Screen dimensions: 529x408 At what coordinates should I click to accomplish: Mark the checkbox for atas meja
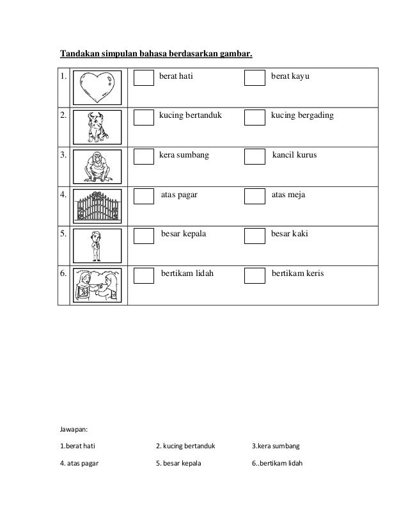coord(255,197)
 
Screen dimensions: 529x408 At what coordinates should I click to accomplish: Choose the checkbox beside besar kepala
coord(145,236)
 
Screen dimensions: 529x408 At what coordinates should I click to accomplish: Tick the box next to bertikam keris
coord(255,275)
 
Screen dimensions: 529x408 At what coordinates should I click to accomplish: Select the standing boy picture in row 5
coord(97,245)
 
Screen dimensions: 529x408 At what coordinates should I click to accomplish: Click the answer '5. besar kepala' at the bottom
coord(178,463)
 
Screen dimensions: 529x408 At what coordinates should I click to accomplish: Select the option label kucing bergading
coord(302,116)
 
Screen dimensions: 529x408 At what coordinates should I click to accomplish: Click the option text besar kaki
coord(290,234)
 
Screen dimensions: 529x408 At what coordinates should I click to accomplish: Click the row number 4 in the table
coord(63,195)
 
